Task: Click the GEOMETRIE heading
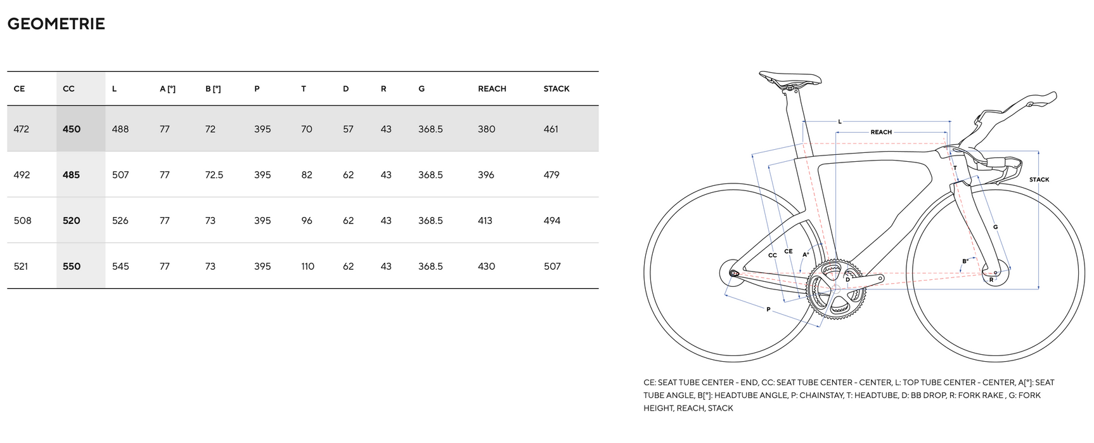(x=56, y=24)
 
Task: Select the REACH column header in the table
(x=492, y=89)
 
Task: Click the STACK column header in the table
(x=556, y=89)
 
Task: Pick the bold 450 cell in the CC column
(x=72, y=129)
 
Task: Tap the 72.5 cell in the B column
(x=214, y=175)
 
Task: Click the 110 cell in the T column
(x=307, y=267)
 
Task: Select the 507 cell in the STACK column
(x=552, y=267)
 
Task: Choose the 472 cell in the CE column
(x=22, y=129)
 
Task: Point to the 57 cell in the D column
(x=348, y=129)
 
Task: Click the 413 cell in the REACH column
(x=485, y=221)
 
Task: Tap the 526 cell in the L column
(x=120, y=221)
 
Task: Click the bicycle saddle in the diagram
(x=790, y=79)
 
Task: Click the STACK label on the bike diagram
(x=1039, y=180)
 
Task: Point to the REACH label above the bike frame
(x=880, y=132)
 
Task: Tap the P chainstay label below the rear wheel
(x=768, y=310)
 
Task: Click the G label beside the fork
(x=995, y=227)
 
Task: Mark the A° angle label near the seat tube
(x=806, y=255)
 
